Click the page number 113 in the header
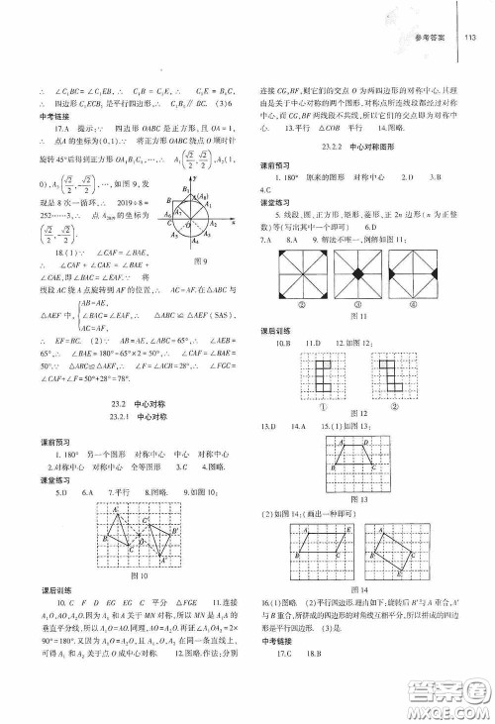point(469,38)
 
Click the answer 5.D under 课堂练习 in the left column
point(60,491)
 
